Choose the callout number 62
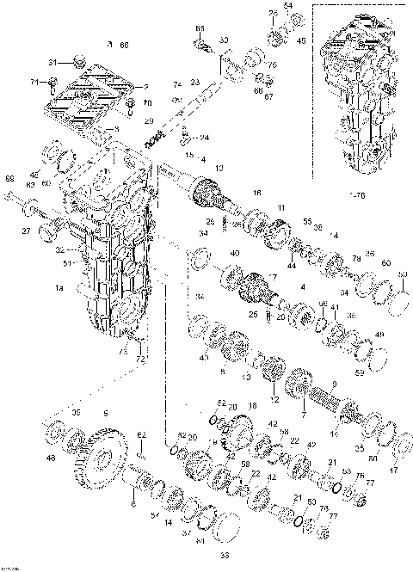click(x=144, y=434)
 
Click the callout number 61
click(x=200, y=541)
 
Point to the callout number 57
click(x=155, y=515)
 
